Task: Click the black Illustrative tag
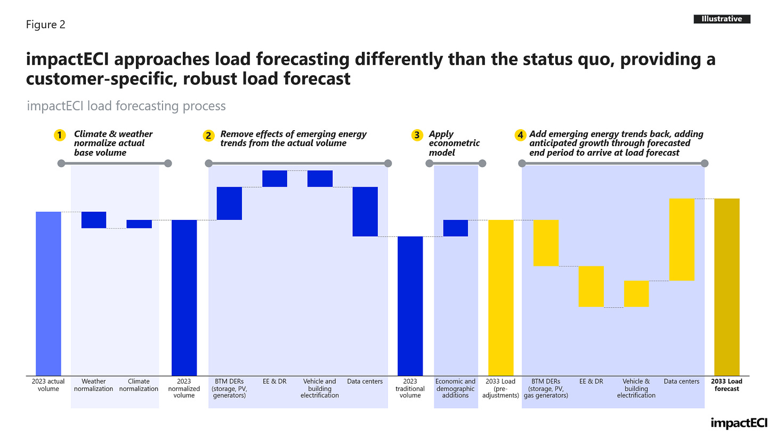click(x=722, y=19)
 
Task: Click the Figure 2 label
click(x=46, y=25)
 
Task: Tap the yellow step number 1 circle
click(x=60, y=136)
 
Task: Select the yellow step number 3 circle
click(x=417, y=136)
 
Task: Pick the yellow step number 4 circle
click(x=520, y=136)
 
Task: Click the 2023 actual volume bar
click(x=48, y=293)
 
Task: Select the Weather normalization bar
click(x=94, y=220)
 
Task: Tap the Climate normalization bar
click(x=139, y=224)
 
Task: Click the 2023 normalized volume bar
click(x=184, y=297)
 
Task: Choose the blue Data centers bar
click(x=365, y=211)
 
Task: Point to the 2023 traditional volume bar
click(x=410, y=306)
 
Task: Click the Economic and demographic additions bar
click(x=455, y=228)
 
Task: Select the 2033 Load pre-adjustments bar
click(x=501, y=297)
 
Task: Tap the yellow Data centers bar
click(x=682, y=239)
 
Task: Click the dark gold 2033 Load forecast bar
click(x=727, y=287)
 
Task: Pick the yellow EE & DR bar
click(x=591, y=287)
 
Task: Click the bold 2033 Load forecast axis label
click(x=727, y=385)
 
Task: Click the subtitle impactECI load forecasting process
click(x=126, y=106)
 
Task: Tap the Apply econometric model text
click(x=454, y=143)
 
